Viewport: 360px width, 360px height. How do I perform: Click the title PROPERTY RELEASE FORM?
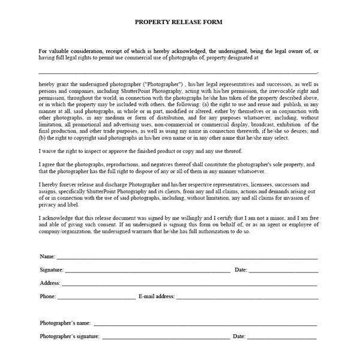179,22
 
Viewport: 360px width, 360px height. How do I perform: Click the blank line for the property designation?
180,72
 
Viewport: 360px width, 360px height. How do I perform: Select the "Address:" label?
50,283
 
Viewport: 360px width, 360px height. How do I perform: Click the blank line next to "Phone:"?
96,296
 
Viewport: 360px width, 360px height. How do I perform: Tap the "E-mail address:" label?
157,296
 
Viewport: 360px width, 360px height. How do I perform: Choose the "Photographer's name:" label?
65,323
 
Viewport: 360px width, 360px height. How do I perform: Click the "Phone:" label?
48,296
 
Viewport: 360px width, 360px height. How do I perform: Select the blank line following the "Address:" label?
190,283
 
